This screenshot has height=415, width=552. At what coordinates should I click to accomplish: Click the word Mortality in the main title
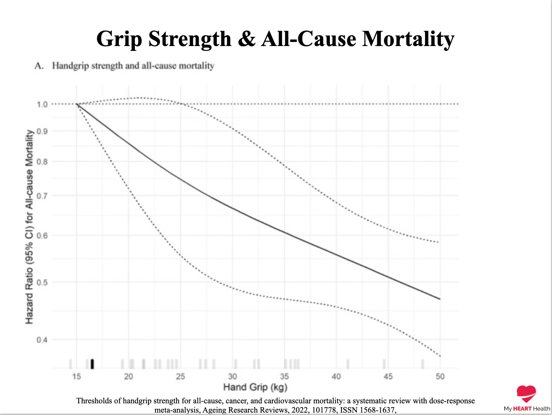pyautogui.click(x=408, y=39)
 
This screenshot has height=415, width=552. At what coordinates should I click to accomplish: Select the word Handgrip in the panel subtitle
pyautogui.click(x=70, y=66)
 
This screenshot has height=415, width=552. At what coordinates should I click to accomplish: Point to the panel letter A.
pyautogui.click(x=39, y=66)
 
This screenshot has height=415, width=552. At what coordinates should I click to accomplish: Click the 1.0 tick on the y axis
pyautogui.click(x=42, y=104)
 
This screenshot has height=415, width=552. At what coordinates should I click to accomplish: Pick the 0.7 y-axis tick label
pyautogui.click(x=42, y=195)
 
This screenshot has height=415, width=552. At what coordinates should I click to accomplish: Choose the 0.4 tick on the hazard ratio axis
pyautogui.click(x=42, y=340)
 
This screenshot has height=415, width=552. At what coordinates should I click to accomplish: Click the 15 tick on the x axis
pyautogui.click(x=77, y=377)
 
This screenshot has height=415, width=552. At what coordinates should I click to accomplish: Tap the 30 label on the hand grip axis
pyautogui.click(x=232, y=377)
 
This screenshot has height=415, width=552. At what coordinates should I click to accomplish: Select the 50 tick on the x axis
pyautogui.click(x=440, y=377)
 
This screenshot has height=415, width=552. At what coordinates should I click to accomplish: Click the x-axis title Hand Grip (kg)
pyautogui.click(x=255, y=387)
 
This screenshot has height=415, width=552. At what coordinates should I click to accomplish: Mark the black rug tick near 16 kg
pyautogui.click(x=92, y=364)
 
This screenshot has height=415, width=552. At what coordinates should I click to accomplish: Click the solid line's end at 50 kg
pyautogui.click(x=440, y=299)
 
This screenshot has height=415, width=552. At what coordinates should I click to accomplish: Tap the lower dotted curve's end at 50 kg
pyautogui.click(x=440, y=356)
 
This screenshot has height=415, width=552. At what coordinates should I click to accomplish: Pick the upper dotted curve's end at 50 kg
pyautogui.click(x=439, y=242)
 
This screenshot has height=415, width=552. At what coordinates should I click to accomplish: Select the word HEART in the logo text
pyautogui.click(x=522, y=408)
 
